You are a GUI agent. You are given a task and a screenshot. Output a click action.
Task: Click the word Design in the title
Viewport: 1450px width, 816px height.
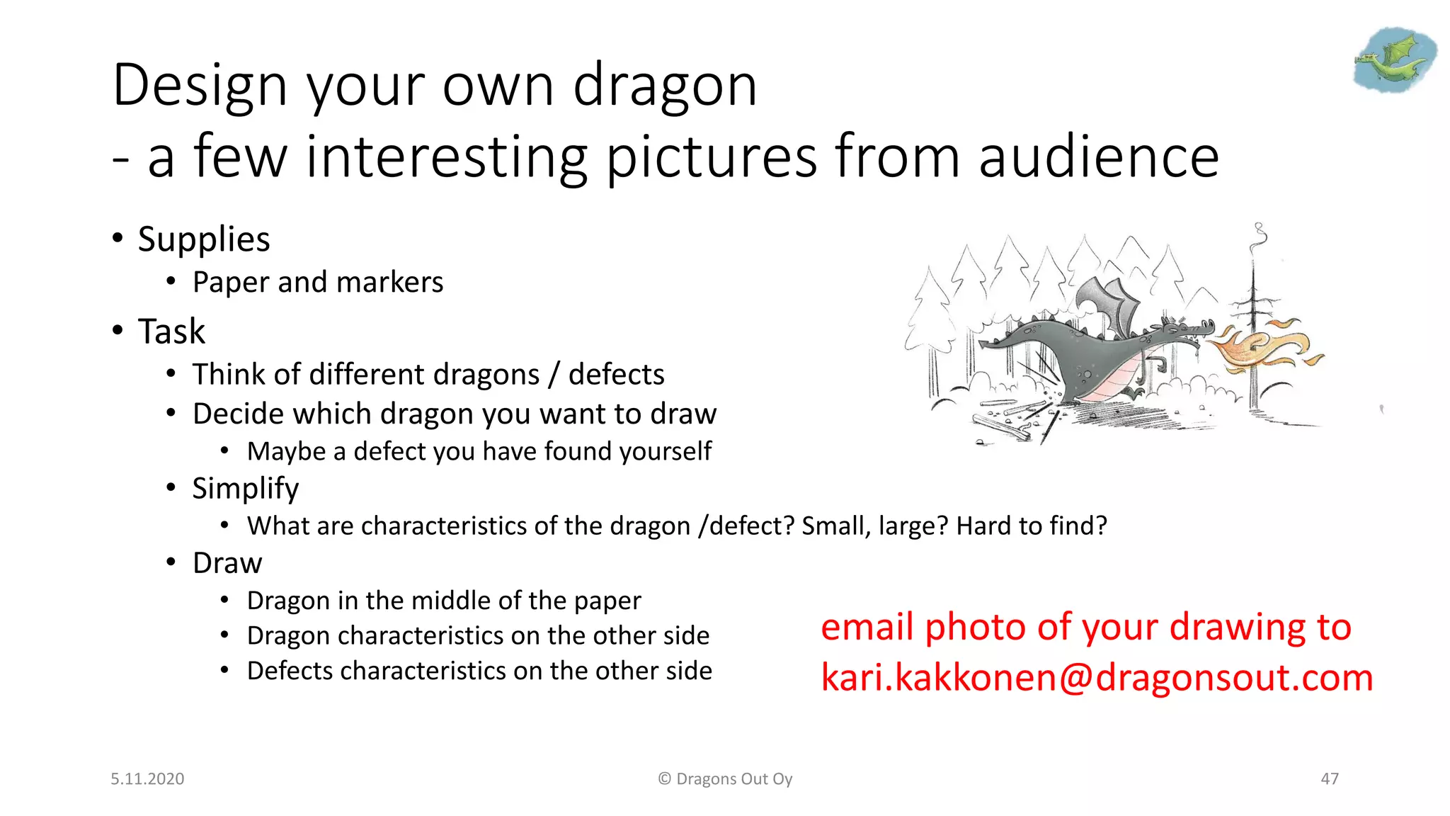click(x=200, y=86)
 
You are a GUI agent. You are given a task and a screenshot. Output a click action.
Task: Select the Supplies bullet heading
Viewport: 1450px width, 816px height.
click(x=204, y=239)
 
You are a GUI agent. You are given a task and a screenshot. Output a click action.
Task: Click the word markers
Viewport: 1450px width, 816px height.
click(x=390, y=283)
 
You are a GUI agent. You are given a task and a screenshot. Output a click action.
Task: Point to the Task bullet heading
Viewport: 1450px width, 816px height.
click(x=171, y=331)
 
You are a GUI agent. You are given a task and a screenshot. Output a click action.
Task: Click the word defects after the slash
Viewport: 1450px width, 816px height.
click(x=616, y=375)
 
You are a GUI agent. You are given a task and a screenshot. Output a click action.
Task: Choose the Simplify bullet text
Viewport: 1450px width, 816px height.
click(x=246, y=489)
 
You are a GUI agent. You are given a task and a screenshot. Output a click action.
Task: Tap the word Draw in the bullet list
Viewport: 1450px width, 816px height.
click(x=227, y=563)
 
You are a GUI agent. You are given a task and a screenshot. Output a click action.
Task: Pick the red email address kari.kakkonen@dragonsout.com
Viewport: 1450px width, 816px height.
click(x=1097, y=678)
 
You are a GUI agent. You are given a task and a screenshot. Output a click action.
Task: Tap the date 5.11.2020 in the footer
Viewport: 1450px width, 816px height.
click(x=147, y=779)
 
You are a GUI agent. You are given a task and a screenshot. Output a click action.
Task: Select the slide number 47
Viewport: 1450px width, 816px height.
click(x=1330, y=779)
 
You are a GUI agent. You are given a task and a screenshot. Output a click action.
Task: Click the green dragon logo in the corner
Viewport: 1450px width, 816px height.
click(x=1394, y=59)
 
